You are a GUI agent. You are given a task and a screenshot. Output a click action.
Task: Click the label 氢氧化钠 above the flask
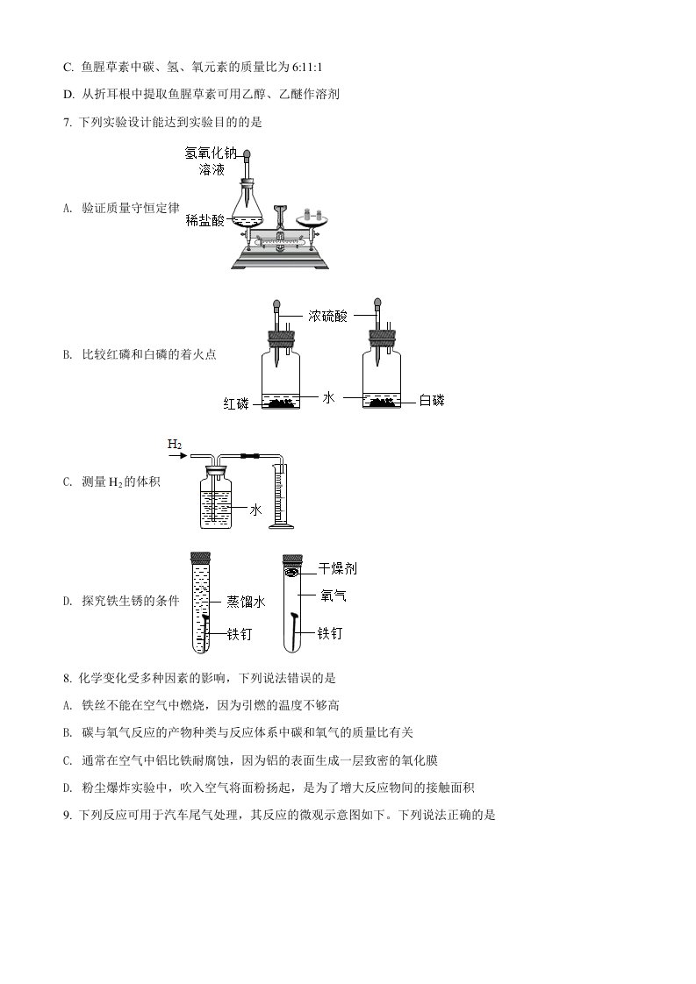pyautogui.click(x=211, y=152)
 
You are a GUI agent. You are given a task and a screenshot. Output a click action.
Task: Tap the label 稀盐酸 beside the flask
pyautogui.click(x=204, y=221)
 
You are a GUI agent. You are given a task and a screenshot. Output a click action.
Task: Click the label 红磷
pyautogui.click(x=235, y=403)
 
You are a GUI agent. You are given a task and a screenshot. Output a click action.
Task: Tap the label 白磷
pyautogui.click(x=431, y=401)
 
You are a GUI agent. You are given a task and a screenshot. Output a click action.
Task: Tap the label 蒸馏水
pyautogui.click(x=246, y=602)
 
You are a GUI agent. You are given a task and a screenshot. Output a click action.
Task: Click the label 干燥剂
pyautogui.click(x=338, y=569)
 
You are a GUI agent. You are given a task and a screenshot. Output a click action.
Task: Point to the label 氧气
pyautogui.click(x=334, y=595)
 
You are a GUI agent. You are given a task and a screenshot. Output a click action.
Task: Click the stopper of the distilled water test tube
pyautogui.click(x=201, y=557)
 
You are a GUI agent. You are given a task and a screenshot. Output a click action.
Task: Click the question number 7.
pyautogui.click(x=68, y=122)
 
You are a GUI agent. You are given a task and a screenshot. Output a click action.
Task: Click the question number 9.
pyautogui.click(x=68, y=815)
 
